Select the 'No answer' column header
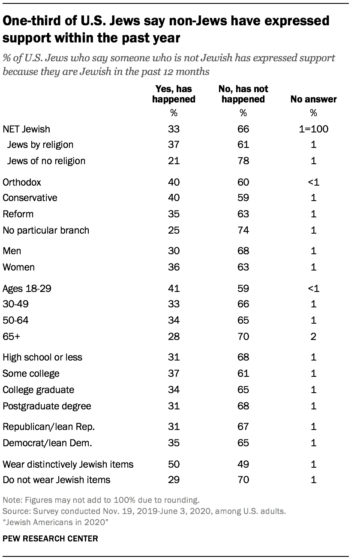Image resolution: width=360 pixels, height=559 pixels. pyautogui.click(x=313, y=99)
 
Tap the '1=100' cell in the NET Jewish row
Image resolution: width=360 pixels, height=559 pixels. pyautogui.click(x=313, y=129)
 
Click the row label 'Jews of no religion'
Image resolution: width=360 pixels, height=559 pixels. pyautogui.click(x=46, y=161)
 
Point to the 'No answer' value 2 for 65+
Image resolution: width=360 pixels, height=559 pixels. pyautogui.click(x=313, y=337)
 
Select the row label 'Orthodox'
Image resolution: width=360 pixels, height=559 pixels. pyautogui.click(x=22, y=182)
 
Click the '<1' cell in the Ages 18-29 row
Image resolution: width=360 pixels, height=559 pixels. pyautogui.click(x=313, y=289)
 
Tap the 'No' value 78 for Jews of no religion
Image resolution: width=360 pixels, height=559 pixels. pyautogui.click(x=243, y=161)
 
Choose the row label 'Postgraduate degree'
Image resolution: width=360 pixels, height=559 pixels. pyautogui.click(x=47, y=406)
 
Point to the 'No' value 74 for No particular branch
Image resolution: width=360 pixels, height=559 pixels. pyautogui.click(x=243, y=230)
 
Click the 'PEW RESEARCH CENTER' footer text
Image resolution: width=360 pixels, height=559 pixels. pyautogui.click(x=50, y=538)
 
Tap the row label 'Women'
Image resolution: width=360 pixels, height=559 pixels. pyautogui.click(x=18, y=267)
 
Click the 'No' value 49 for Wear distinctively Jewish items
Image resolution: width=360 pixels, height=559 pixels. pyautogui.click(x=243, y=464)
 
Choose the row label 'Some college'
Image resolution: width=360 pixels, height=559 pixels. pyautogui.click(x=31, y=373)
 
